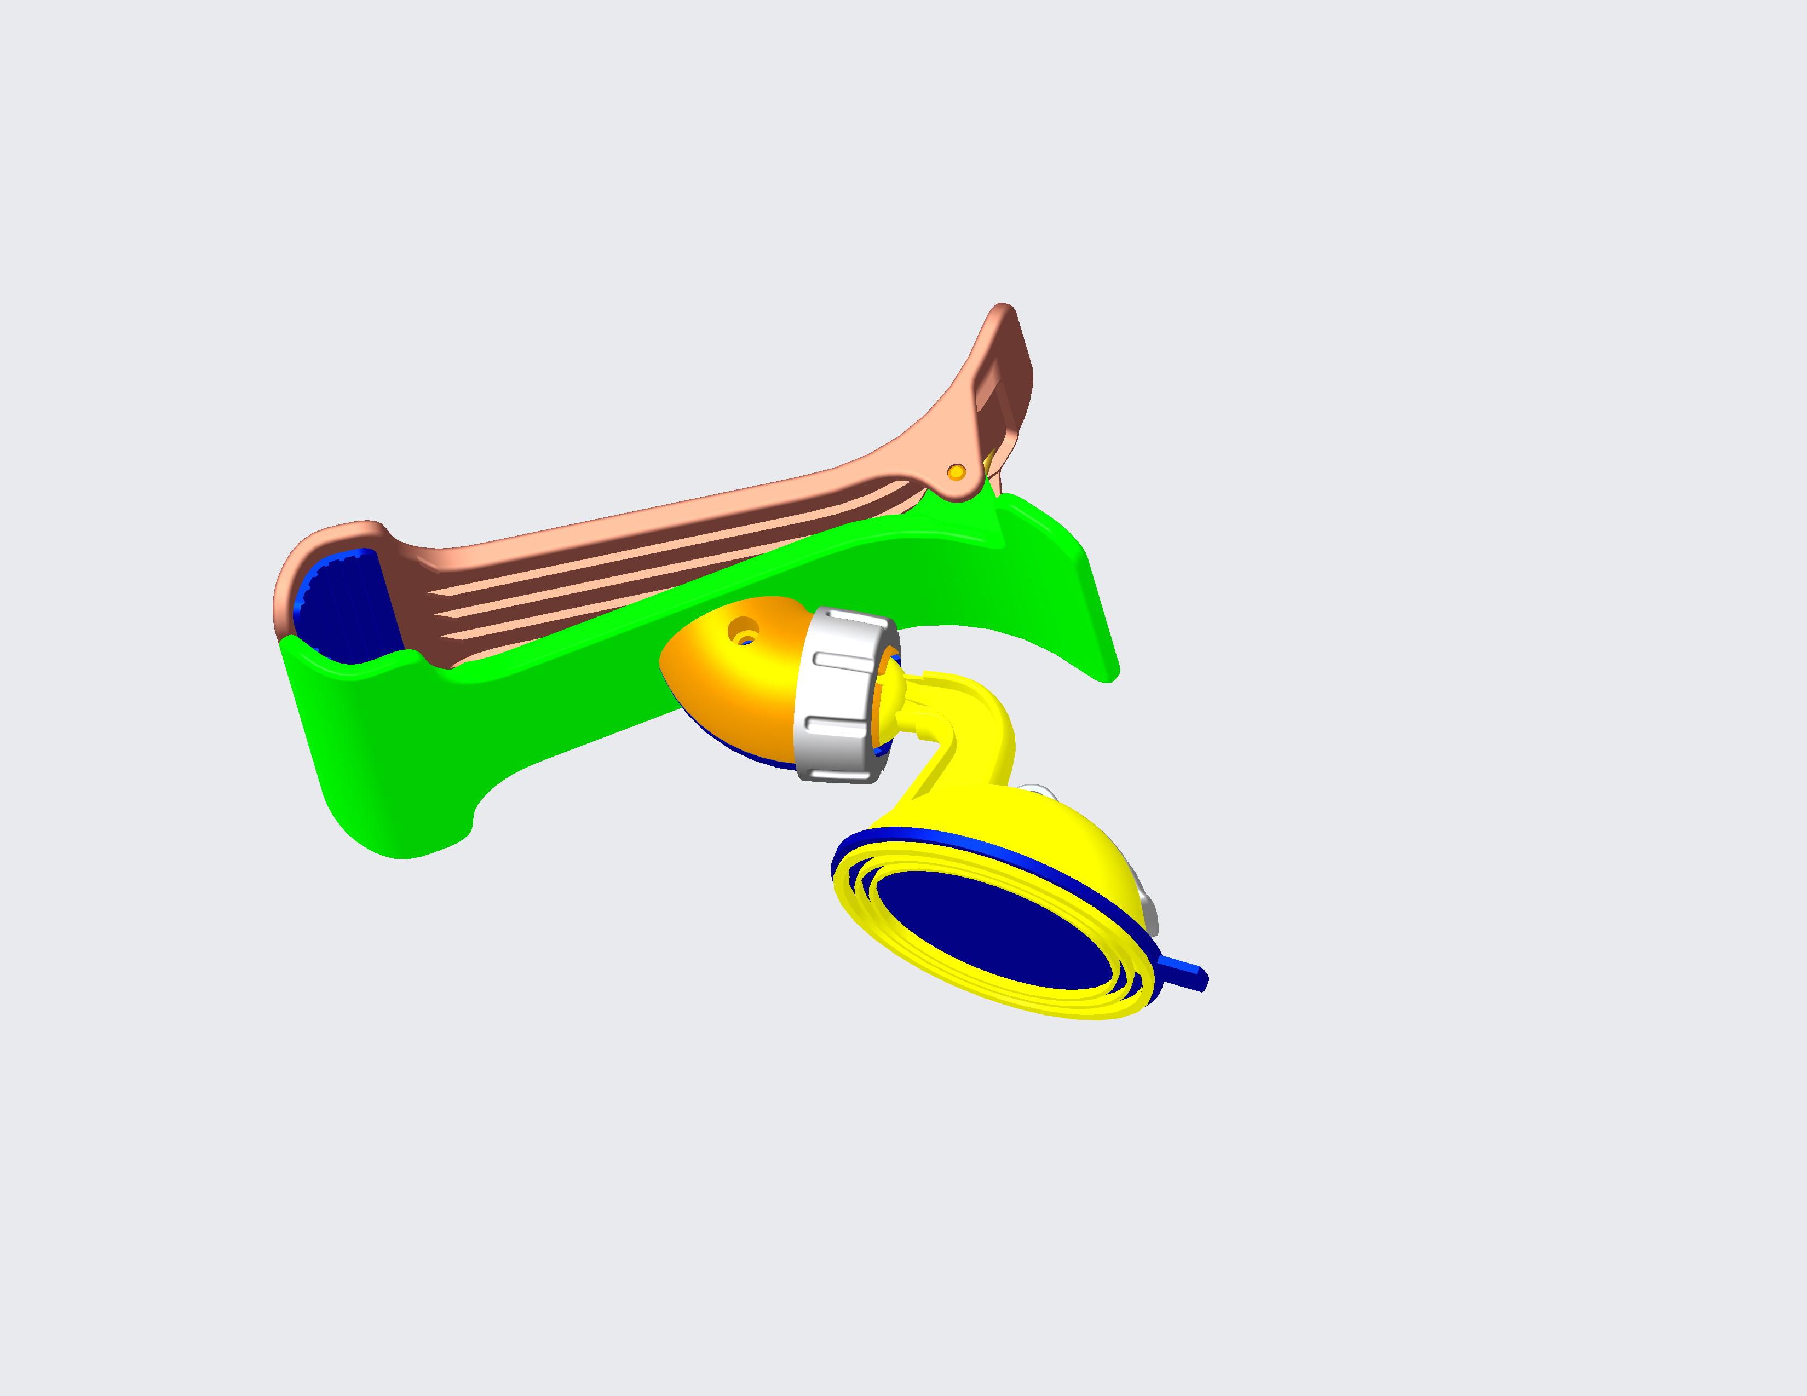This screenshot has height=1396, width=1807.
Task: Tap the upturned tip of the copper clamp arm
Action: (1003, 313)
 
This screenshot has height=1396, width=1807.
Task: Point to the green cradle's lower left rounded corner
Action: (389, 847)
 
